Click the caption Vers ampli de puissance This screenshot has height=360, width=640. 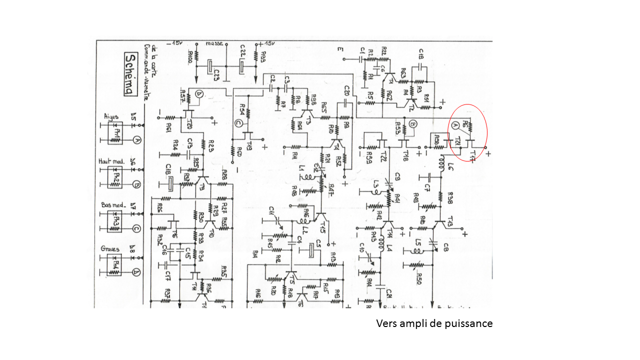click(434, 323)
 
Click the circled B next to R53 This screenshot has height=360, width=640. click(413, 123)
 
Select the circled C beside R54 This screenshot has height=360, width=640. click(238, 123)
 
